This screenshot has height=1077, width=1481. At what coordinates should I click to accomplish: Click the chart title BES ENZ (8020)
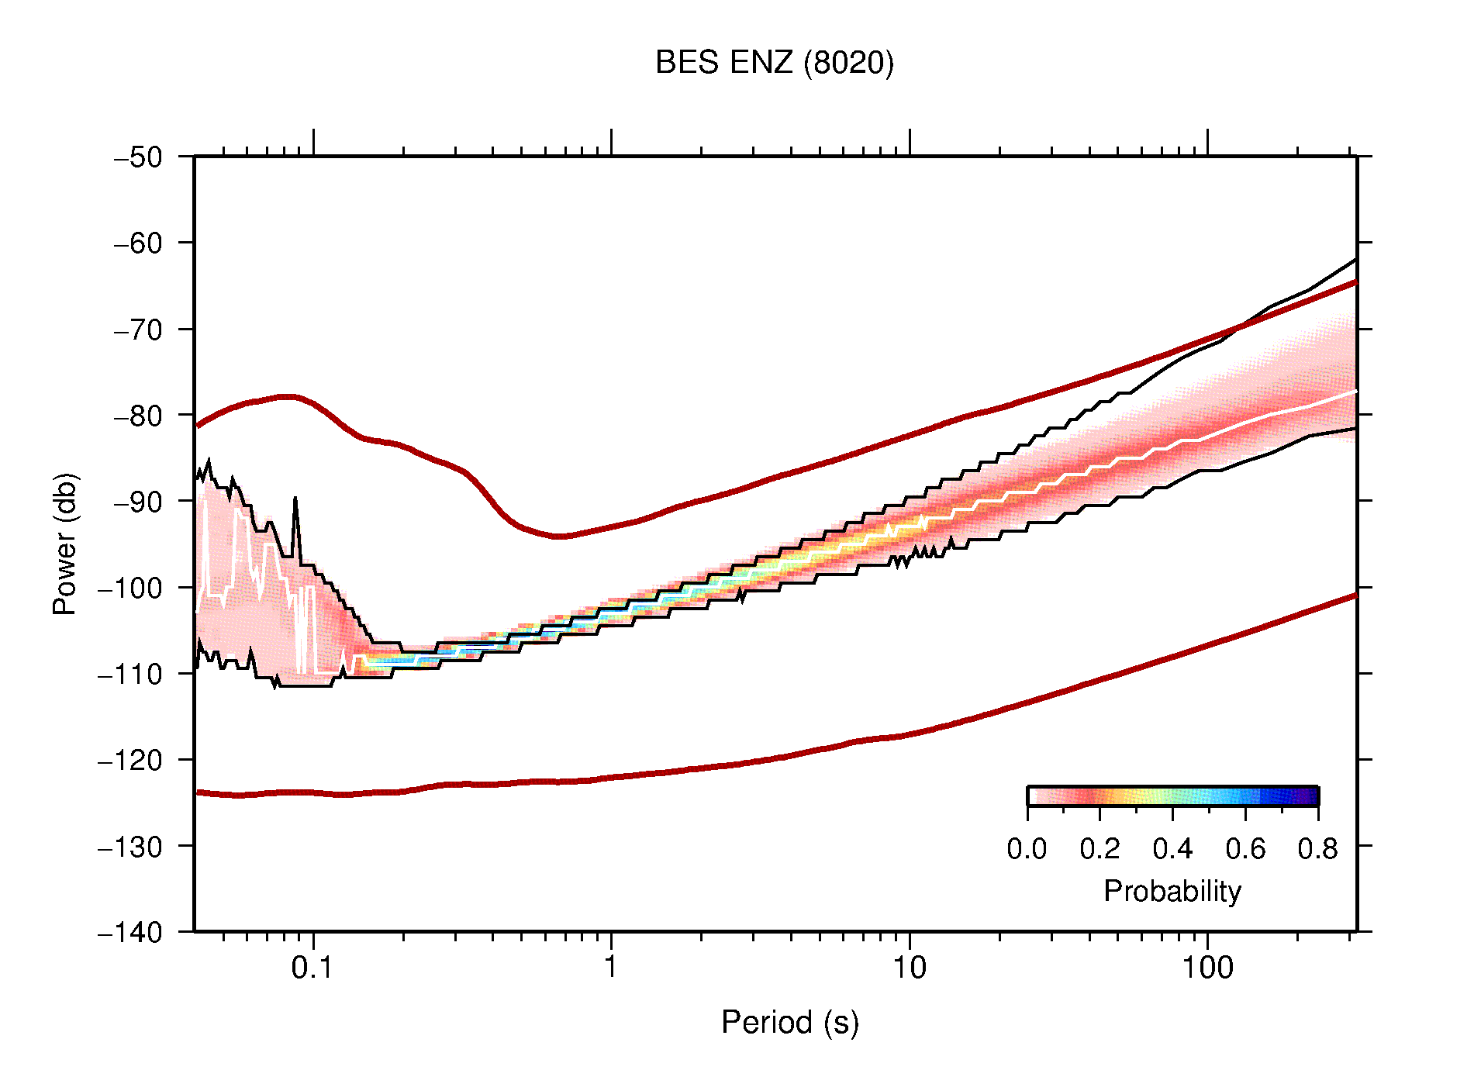coord(774,63)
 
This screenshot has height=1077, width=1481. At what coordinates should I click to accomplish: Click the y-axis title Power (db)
coord(65,544)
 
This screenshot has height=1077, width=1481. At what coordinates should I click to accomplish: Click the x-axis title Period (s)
coord(789,1022)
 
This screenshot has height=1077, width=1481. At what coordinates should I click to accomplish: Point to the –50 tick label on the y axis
coord(138,157)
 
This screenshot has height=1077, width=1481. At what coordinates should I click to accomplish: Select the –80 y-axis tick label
coord(138,416)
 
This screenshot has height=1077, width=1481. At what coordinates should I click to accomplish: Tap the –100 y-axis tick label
coord(130,588)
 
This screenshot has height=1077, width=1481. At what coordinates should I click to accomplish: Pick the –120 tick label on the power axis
coord(130,760)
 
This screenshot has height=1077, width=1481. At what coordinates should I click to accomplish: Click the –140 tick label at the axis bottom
coord(130,932)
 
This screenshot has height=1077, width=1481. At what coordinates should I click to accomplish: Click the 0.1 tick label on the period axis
coord(312,968)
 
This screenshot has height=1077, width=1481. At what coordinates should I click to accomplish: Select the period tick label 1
coord(611,968)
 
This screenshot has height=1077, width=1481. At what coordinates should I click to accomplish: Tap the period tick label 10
coord(909,968)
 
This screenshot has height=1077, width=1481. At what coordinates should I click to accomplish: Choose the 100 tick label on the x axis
coord(1207,968)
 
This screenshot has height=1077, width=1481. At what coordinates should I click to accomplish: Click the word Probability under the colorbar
coord(1172,891)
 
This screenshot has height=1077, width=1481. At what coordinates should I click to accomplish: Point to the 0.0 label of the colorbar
coord(1027,849)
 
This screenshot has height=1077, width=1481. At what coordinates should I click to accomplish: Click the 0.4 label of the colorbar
coord(1172,849)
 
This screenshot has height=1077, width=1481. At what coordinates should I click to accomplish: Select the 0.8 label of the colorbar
coord(1317,849)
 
